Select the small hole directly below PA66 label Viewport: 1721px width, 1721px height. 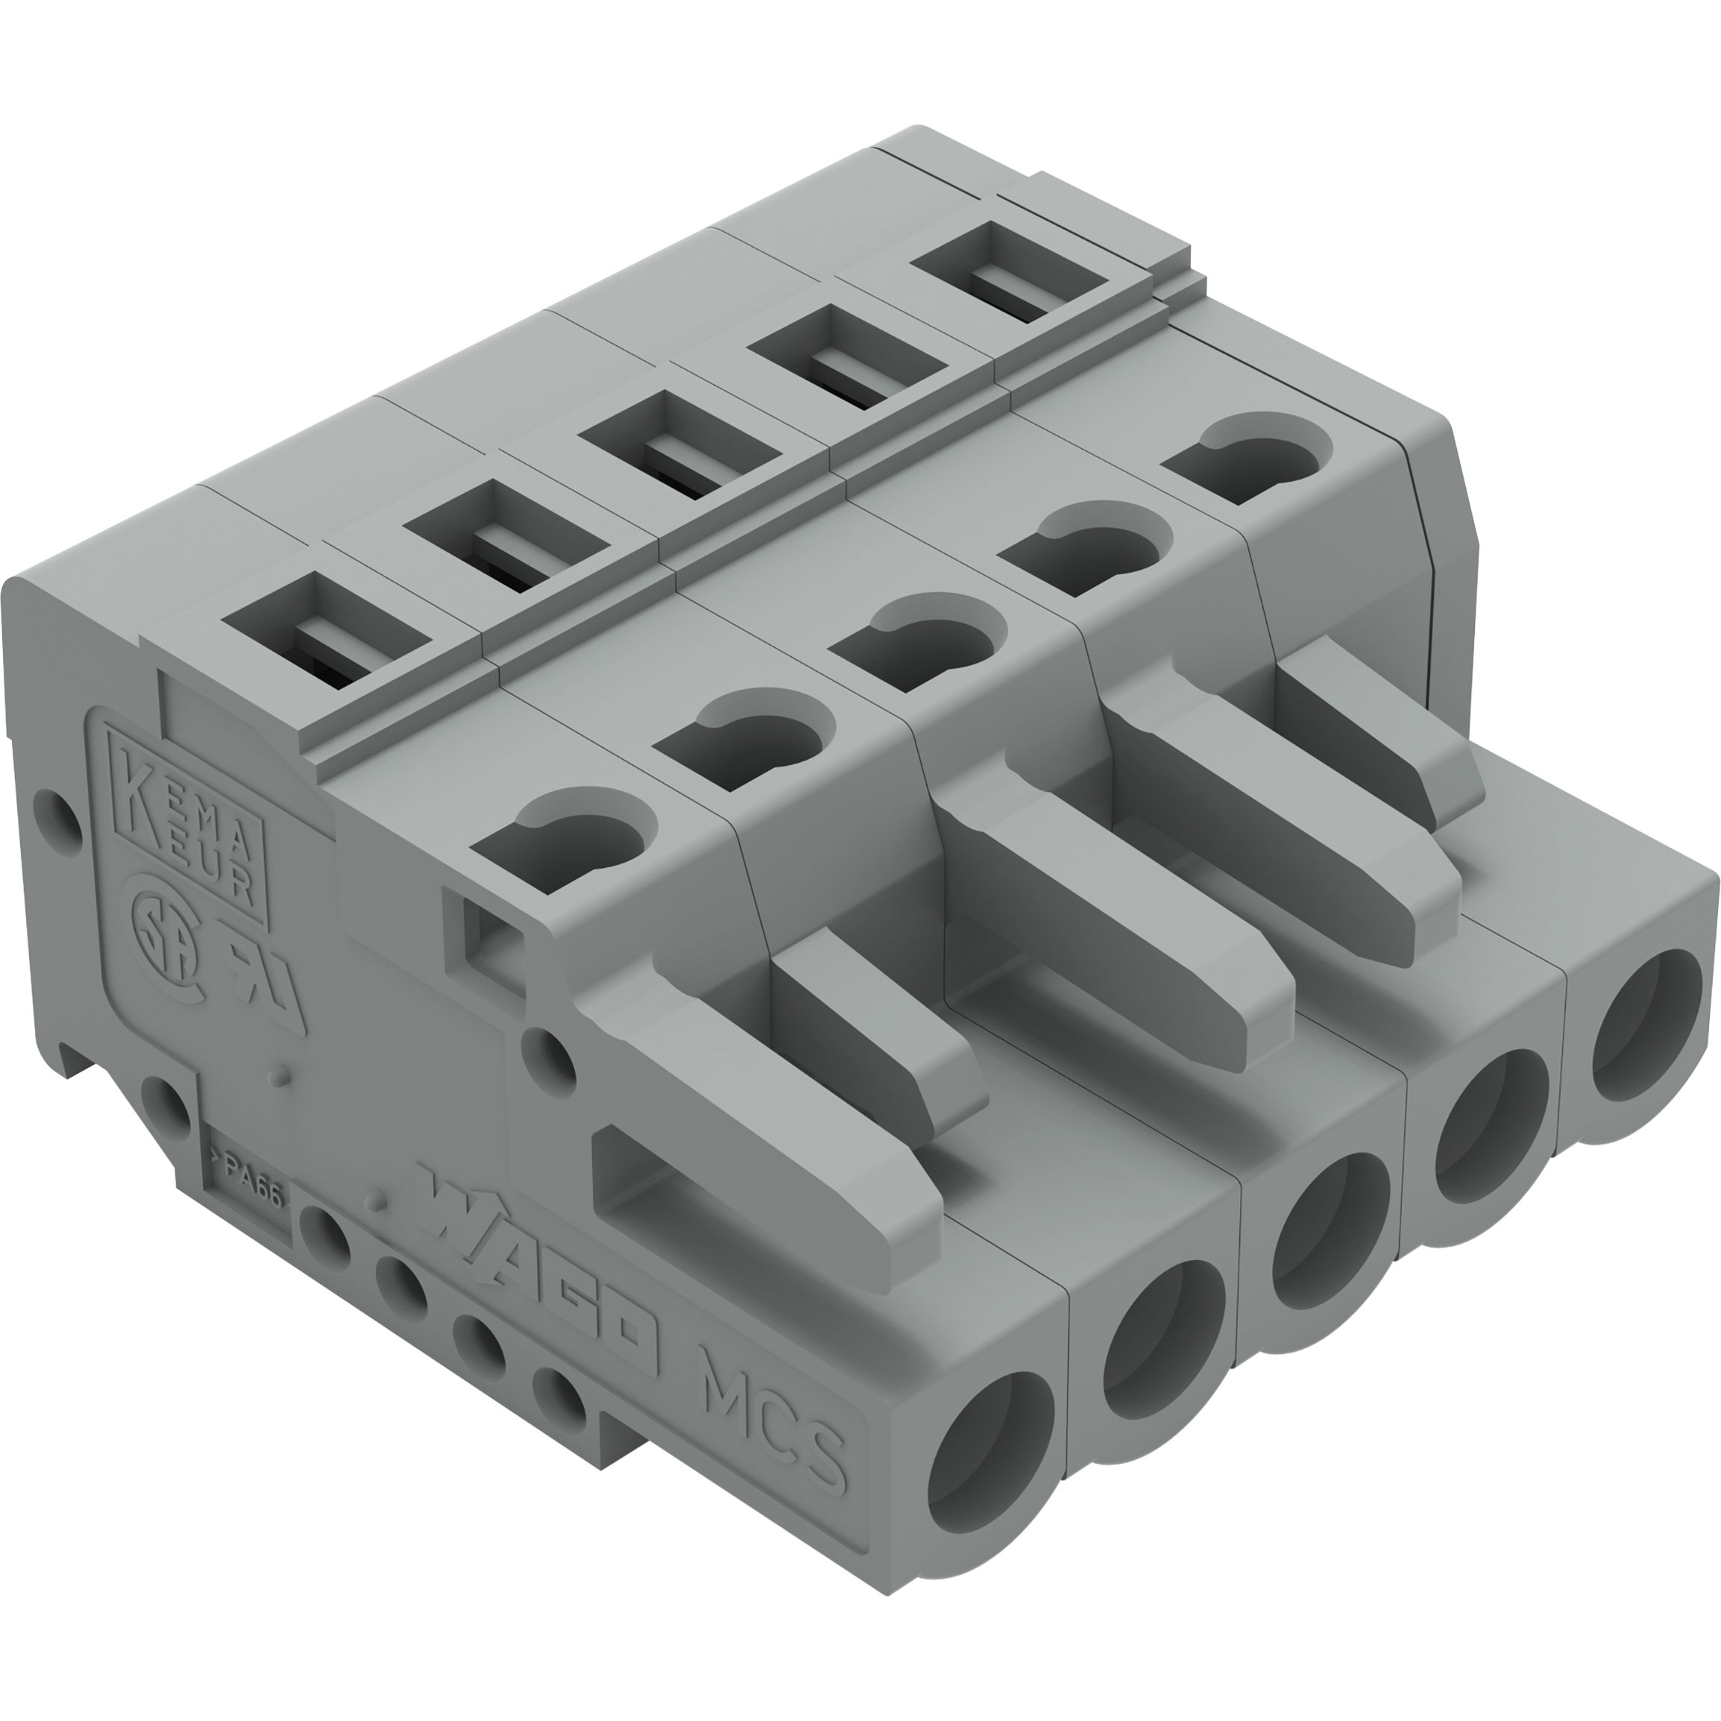(321, 1234)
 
